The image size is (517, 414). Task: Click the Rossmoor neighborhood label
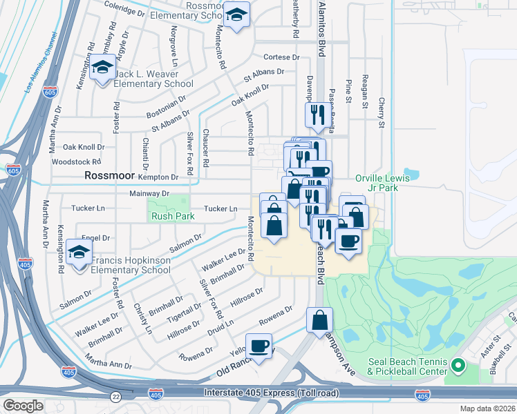tap(109, 176)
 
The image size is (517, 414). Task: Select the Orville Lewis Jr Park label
tap(382, 182)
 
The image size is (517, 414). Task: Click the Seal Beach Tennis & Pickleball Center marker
tap(457, 364)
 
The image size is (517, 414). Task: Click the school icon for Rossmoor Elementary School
tap(237, 17)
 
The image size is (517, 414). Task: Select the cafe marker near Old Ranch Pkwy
tap(259, 346)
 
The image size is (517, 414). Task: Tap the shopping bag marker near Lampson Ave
tap(320, 321)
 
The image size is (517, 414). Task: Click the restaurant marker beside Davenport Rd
tap(317, 115)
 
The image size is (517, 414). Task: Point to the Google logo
tap(23, 405)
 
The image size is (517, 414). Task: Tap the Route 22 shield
tap(115, 396)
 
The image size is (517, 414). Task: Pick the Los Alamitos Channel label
tap(33, 70)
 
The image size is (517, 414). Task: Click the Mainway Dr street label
tap(149, 195)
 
